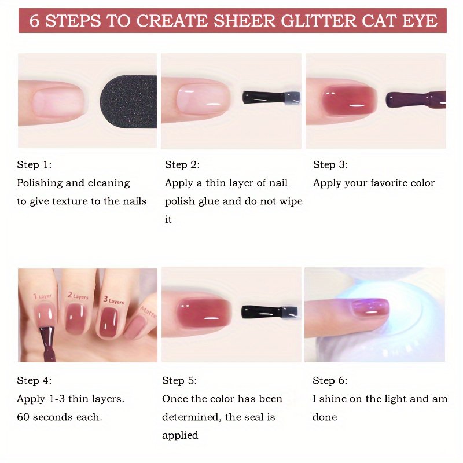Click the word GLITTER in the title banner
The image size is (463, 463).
tap(318, 21)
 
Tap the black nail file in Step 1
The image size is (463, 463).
tap(128, 102)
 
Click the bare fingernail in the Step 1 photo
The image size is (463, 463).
tap(58, 101)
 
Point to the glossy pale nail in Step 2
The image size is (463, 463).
tap(203, 98)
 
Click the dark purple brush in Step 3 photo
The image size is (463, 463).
tap(416, 100)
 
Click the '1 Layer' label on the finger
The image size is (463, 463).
tap(42, 296)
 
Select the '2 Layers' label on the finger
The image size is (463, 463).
tap(78, 295)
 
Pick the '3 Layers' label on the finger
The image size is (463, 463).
tap(113, 300)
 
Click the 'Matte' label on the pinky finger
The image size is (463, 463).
tap(148, 312)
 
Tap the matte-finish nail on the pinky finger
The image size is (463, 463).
tap(136, 328)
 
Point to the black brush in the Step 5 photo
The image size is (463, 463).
tap(269, 312)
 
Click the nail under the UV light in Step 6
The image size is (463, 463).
tap(370, 308)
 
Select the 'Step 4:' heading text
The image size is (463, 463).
tap(34, 380)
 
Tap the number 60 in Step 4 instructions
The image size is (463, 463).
tap(23, 417)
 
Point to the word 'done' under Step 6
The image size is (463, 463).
tap(325, 417)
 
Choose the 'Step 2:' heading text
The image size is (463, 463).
tap(182, 164)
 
